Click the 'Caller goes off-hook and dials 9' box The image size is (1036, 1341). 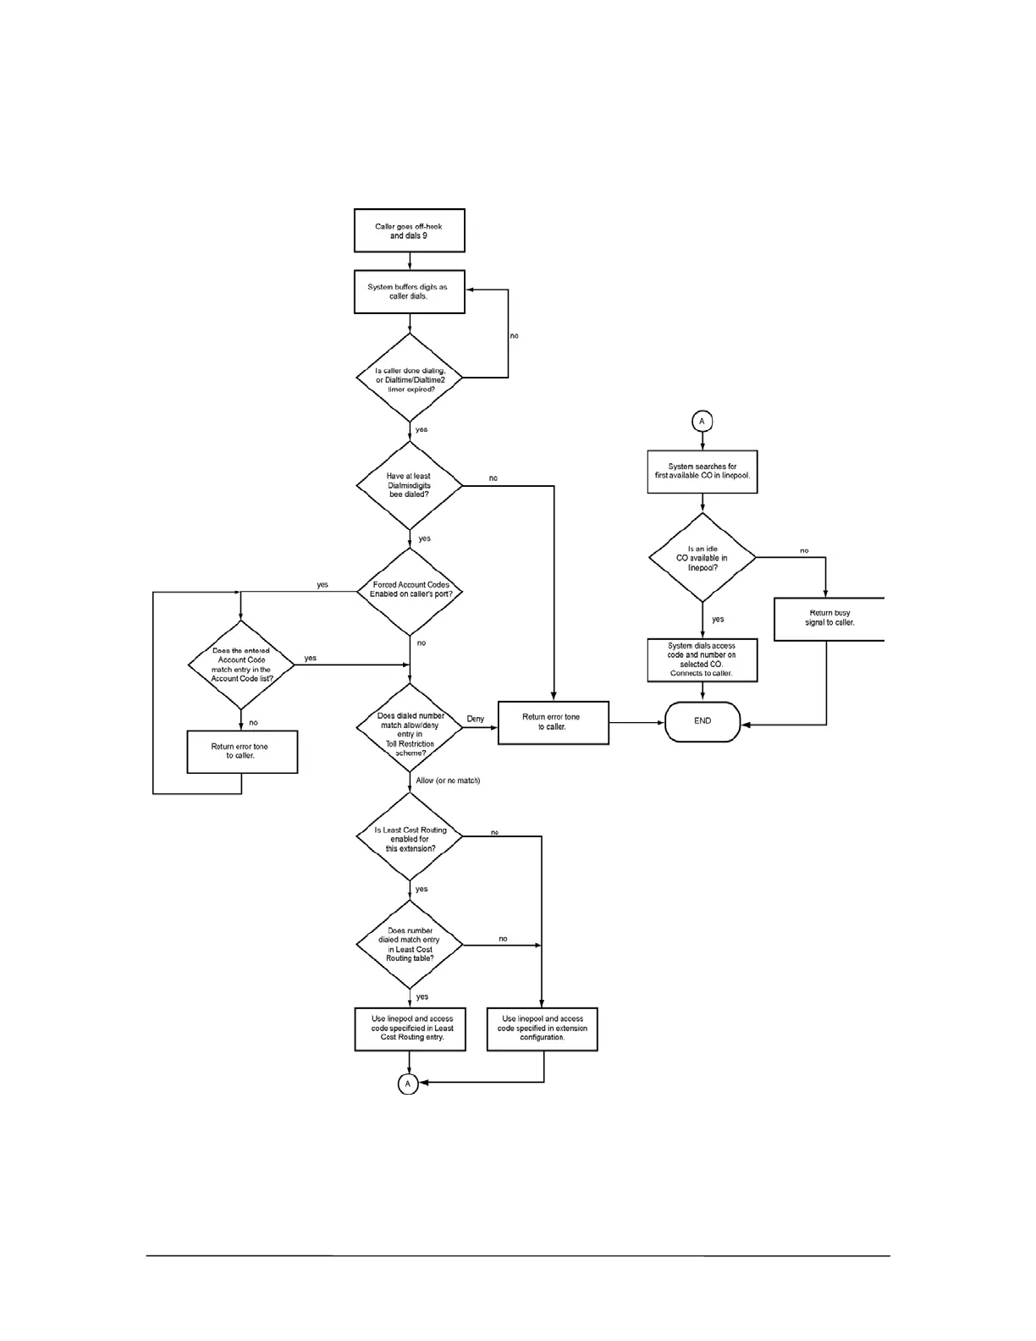409,230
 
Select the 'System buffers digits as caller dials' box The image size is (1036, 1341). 409,291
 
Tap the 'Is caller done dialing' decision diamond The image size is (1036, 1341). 410,378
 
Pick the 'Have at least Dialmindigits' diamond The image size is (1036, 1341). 410,485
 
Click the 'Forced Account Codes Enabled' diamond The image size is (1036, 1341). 410,591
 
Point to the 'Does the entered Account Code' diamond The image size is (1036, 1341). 242,665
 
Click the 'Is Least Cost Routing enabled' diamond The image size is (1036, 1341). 410,836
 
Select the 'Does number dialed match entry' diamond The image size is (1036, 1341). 410,944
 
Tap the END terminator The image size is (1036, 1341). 703,721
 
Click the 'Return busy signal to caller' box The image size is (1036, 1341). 829,619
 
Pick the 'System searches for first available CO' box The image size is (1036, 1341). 703,471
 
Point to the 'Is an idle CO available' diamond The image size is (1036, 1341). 703,557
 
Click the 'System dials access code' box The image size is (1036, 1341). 703,660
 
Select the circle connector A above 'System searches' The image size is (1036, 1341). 701,421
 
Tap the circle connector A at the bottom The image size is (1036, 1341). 407,1084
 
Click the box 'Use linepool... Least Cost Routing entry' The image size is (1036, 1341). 411,1029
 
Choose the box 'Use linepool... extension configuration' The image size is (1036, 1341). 543,1029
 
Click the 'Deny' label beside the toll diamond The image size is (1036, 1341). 476,720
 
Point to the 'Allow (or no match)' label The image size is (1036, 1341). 448,781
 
